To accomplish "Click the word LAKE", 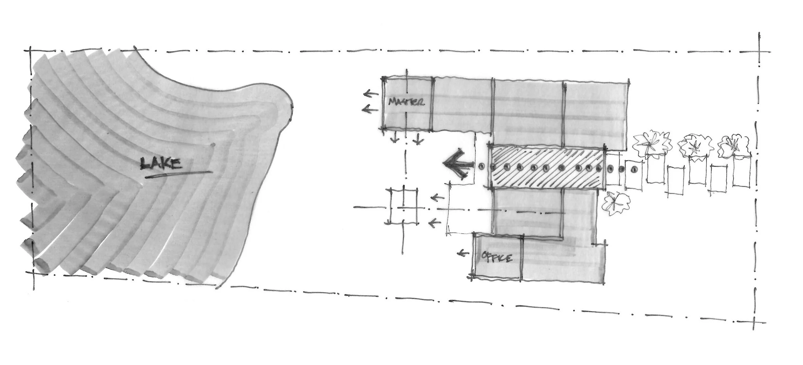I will [162, 164].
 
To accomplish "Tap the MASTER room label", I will [406, 102].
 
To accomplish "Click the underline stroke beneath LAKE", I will [178, 174].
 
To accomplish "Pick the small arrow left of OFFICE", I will [463, 254].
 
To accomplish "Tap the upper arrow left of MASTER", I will [371, 94].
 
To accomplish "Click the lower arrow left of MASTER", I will [370, 110].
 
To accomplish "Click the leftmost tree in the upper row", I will [652, 143].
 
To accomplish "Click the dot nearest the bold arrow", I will [481, 166].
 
